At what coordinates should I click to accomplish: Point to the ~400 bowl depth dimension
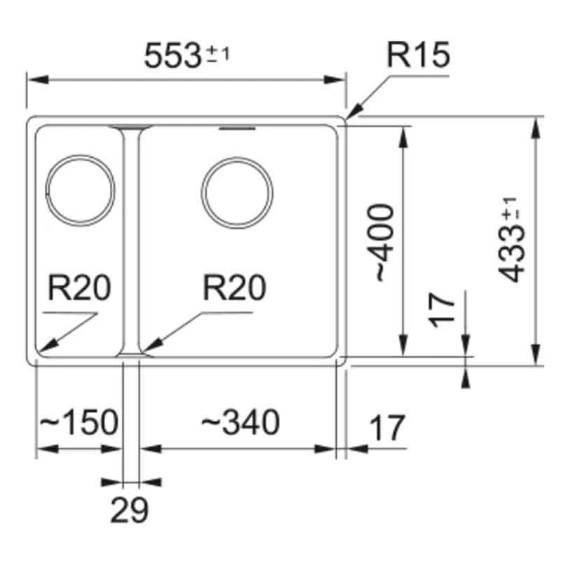click(x=383, y=242)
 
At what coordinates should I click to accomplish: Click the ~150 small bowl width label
click(x=77, y=423)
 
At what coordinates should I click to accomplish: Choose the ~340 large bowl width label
click(x=241, y=422)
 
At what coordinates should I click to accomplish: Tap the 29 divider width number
click(x=130, y=510)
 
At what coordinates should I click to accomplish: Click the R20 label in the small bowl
click(x=79, y=288)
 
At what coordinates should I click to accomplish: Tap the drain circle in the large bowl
click(x=236, y=192)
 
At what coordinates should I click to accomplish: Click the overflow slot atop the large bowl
click(x=238, y=130)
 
